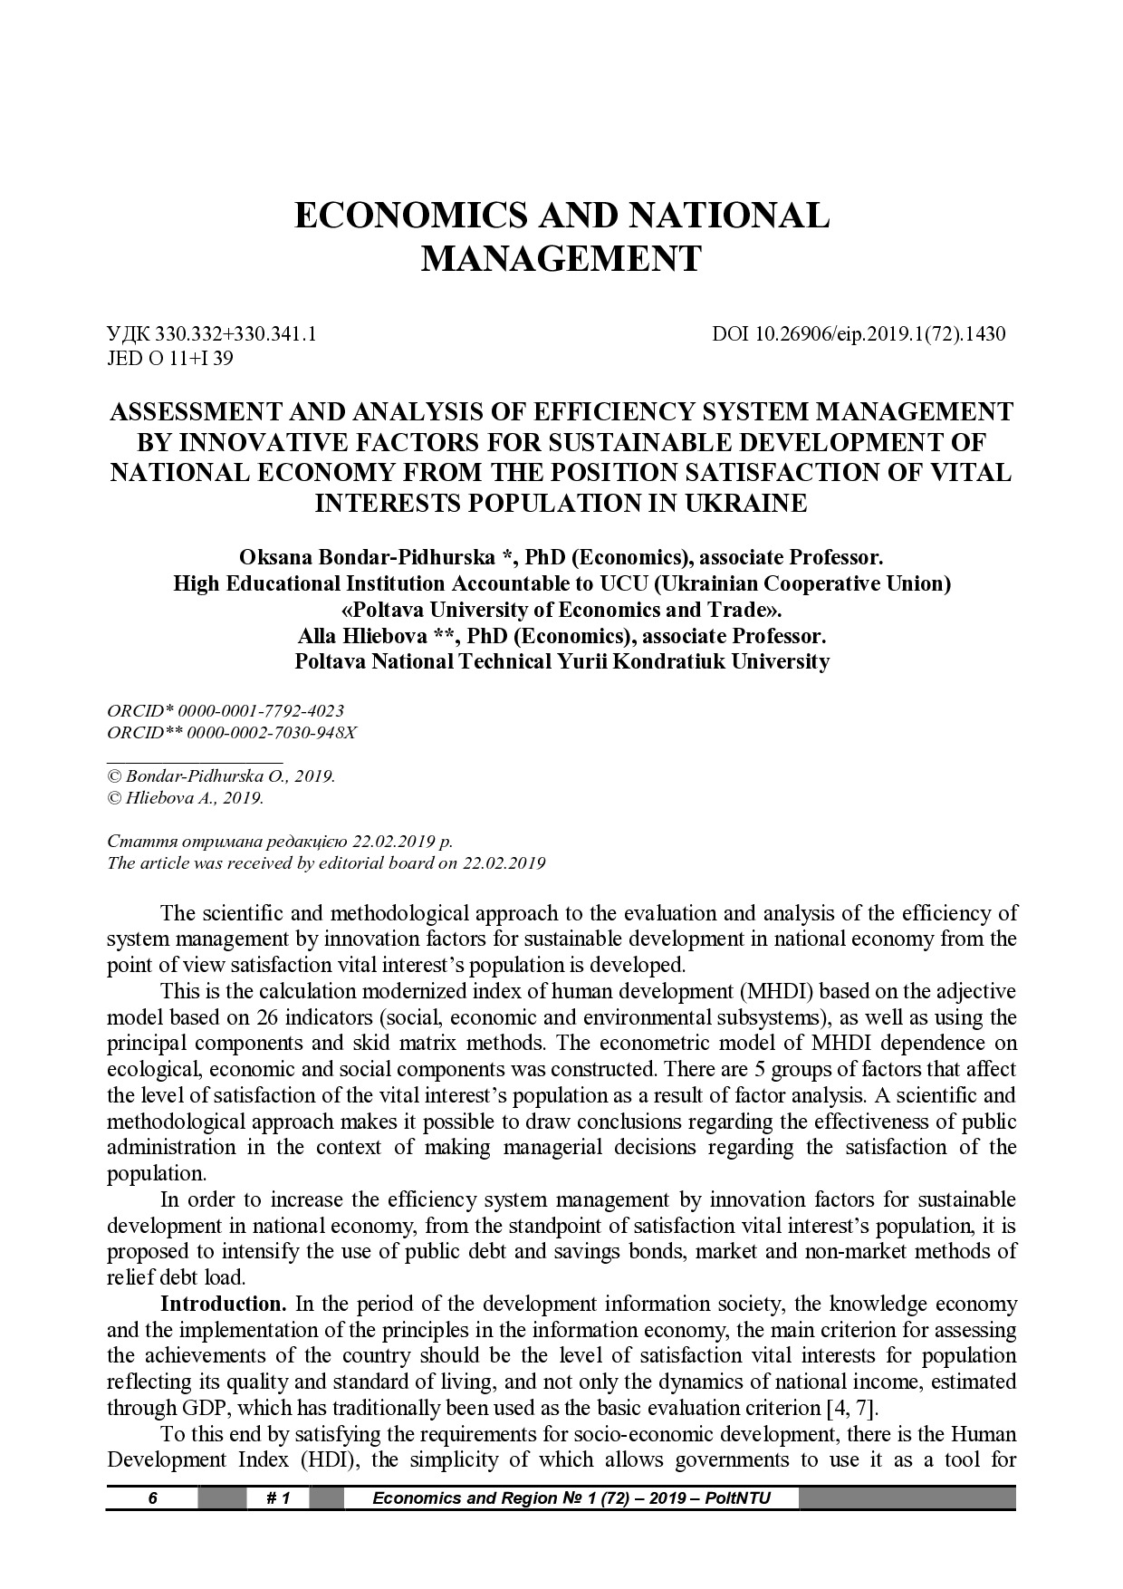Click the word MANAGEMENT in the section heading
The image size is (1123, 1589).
click(x=561, y=259)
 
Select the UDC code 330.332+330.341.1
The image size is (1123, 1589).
click(x=236, y=334)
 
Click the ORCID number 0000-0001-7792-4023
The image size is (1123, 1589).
click(x=262, y=711)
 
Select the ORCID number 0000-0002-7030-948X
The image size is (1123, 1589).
click(x=269, y=732)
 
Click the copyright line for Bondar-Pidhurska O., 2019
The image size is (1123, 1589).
click(x=222, y=777)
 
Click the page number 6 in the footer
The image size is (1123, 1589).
click(x=153, y=1498)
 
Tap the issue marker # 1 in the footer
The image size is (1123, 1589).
click(x=278, y=1498)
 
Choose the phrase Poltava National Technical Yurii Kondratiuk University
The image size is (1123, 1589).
click(x=561, y=661)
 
